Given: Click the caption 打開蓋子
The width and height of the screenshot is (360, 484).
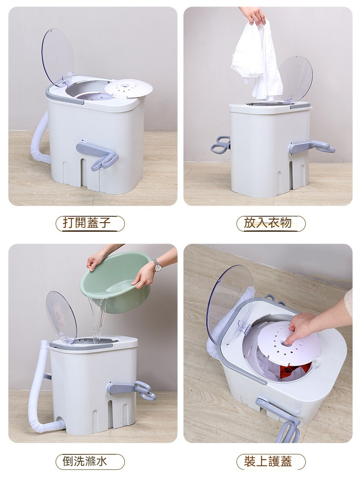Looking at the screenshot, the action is point(87,222).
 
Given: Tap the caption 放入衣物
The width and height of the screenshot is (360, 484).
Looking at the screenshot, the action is point(267,222).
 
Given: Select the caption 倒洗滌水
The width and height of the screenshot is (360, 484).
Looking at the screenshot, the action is point(85,461).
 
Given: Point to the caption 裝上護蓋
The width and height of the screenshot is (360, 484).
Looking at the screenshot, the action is point(267,461).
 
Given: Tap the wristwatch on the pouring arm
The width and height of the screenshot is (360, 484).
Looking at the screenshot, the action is point(157,265).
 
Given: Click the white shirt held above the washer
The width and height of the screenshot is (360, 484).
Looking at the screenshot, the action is point(257,60).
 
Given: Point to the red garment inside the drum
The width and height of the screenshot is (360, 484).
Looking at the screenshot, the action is point(295,372).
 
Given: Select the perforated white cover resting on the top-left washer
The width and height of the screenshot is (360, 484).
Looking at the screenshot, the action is point(129,88).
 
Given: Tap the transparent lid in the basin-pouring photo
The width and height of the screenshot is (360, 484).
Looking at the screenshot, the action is point(61,317).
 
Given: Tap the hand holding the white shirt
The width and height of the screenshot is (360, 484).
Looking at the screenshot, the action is point(253,15).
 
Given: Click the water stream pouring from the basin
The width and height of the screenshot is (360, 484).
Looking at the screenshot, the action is point(98,318).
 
